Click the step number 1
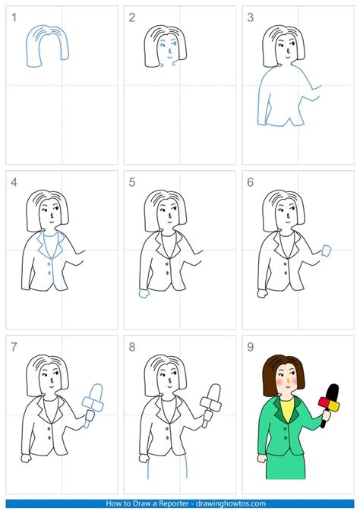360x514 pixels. point(14,17)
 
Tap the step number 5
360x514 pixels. point(132,182)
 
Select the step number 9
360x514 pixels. point(251,347)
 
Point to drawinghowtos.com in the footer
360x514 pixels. point(231,503)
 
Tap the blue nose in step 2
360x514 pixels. point(169,52)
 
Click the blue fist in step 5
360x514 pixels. point(144,293)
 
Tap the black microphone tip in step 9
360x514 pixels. point(333,390)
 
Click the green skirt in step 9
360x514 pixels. point(286,465)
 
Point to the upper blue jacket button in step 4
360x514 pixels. point(49,263)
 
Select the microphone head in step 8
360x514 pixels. point(214,392)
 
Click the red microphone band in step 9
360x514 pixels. point(324,402)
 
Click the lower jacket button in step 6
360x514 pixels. point(286,273)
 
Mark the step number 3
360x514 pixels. point(251,17)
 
